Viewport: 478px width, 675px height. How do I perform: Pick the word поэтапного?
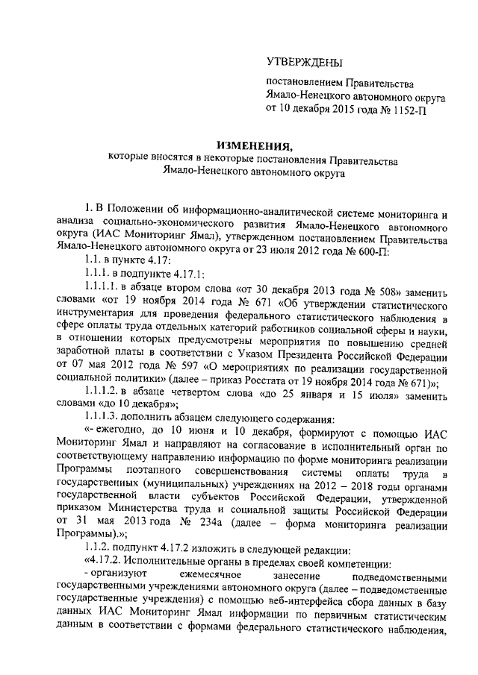pos(168,475)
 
